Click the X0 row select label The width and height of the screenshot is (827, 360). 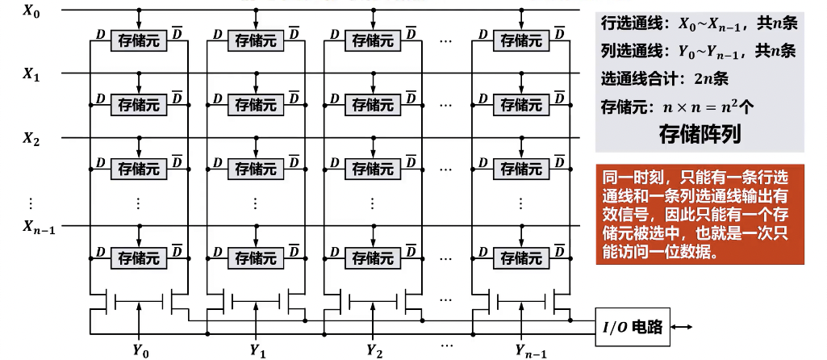point(31,13)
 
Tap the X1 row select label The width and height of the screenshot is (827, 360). point(31,75)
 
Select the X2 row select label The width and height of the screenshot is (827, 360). point(31,139)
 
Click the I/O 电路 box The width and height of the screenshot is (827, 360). point(632,327)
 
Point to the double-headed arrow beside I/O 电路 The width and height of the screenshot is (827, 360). point(681,327)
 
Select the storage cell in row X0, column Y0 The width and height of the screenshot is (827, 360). point(139,39)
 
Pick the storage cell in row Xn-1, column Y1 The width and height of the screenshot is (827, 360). point(255,257)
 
